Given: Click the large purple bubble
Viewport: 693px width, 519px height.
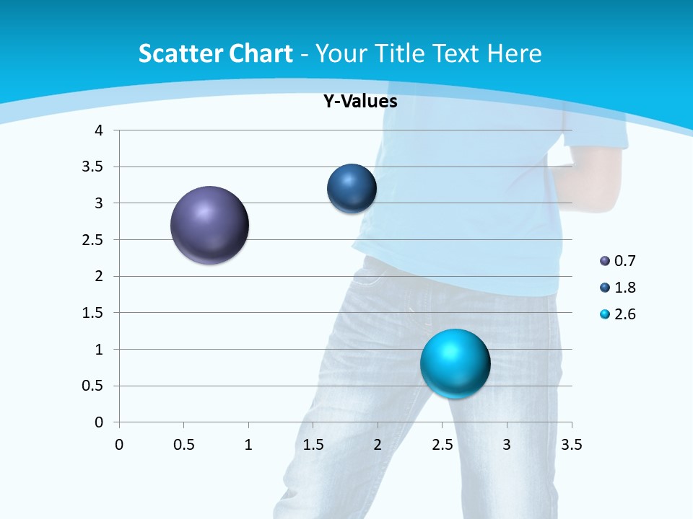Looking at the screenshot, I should [x=209, y=225].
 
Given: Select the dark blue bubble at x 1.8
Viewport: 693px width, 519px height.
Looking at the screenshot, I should [x=352, y=189].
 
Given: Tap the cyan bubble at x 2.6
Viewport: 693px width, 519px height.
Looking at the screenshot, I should [x=455, y=363].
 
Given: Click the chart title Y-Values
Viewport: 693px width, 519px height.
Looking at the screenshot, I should [x=359, y=102].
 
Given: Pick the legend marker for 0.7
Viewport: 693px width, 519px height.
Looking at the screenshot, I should [x=605, y=261].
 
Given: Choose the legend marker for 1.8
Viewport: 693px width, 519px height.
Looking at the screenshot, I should [x=605, y=288].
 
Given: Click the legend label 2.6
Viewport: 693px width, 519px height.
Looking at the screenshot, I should [x=624, y=314].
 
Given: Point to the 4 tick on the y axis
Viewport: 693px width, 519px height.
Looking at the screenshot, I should [x=99, y=130].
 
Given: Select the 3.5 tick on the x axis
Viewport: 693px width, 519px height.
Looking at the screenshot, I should [x=571, y=445].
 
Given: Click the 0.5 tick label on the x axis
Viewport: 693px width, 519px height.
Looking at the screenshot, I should [x=183, y=445].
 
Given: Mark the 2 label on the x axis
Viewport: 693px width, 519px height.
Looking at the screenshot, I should [x=377, y=445].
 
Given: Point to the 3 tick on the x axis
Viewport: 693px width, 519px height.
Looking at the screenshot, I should [x=507, y=445].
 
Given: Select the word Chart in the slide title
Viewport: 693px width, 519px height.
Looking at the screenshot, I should [x=261, y=53].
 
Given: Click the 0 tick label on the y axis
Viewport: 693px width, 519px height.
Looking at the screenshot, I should [x=99, y=422].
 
